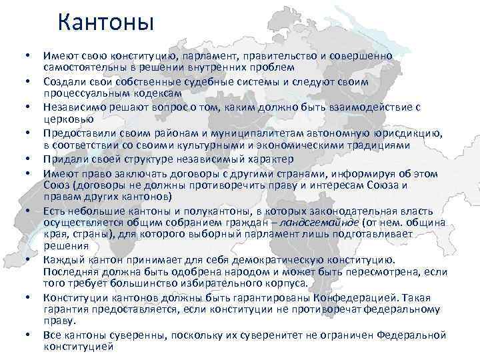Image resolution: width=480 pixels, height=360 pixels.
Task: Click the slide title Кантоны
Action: click(x=105, y=22)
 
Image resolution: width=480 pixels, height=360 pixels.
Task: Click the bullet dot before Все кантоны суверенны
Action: click(x=24, y=335)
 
